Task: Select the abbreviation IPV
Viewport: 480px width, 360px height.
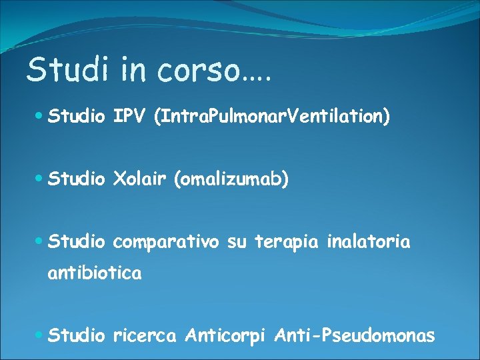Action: pyautogui.click(x=130, y=117)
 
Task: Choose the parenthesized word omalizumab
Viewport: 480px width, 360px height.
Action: pyautogui.click(x=231, y=180)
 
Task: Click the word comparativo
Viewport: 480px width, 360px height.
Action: pyautogui.click(x=166, y=243)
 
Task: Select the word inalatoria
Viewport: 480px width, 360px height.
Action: pyautogui.click(x=369, y=242)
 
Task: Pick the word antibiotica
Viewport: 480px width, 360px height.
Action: pyautogui.click(x=94, y=273)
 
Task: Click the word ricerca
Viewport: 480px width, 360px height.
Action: pyautogui.click(x=145, y=335)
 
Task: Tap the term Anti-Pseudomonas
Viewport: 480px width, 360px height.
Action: pyautogui.click(x=355, y=335)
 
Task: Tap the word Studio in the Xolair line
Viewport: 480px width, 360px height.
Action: pyautogui.click(x=77, y=179)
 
